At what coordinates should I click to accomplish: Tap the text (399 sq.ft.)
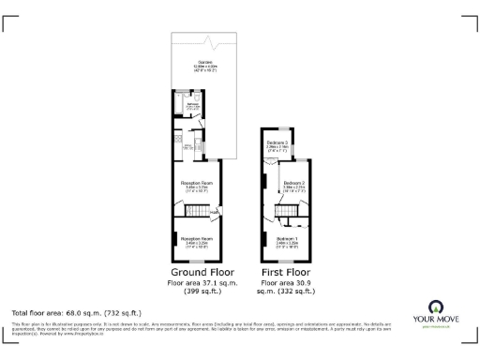tap(200, 292)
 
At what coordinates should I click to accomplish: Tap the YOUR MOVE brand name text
tap(436, 319)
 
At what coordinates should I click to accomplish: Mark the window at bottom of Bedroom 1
tap(289, 260)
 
